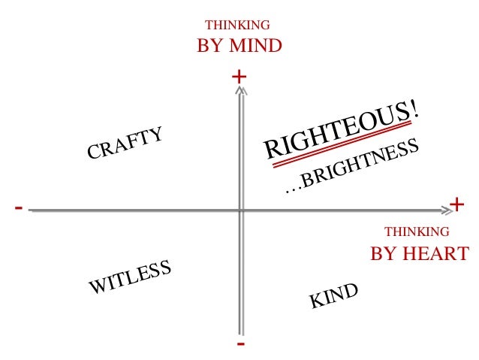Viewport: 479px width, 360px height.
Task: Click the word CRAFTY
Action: click(125, 143)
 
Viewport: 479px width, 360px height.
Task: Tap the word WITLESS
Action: click(131, 278)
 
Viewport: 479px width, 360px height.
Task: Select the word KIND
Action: click(334, 296)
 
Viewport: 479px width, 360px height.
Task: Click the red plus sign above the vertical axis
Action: click(239, 77)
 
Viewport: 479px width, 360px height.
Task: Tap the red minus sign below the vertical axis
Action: click(240, 343)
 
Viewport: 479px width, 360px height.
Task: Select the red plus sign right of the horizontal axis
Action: click(456, 204)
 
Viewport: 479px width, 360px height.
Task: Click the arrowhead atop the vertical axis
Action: click(240, 90)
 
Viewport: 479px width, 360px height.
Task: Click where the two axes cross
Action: click(240, 210)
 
